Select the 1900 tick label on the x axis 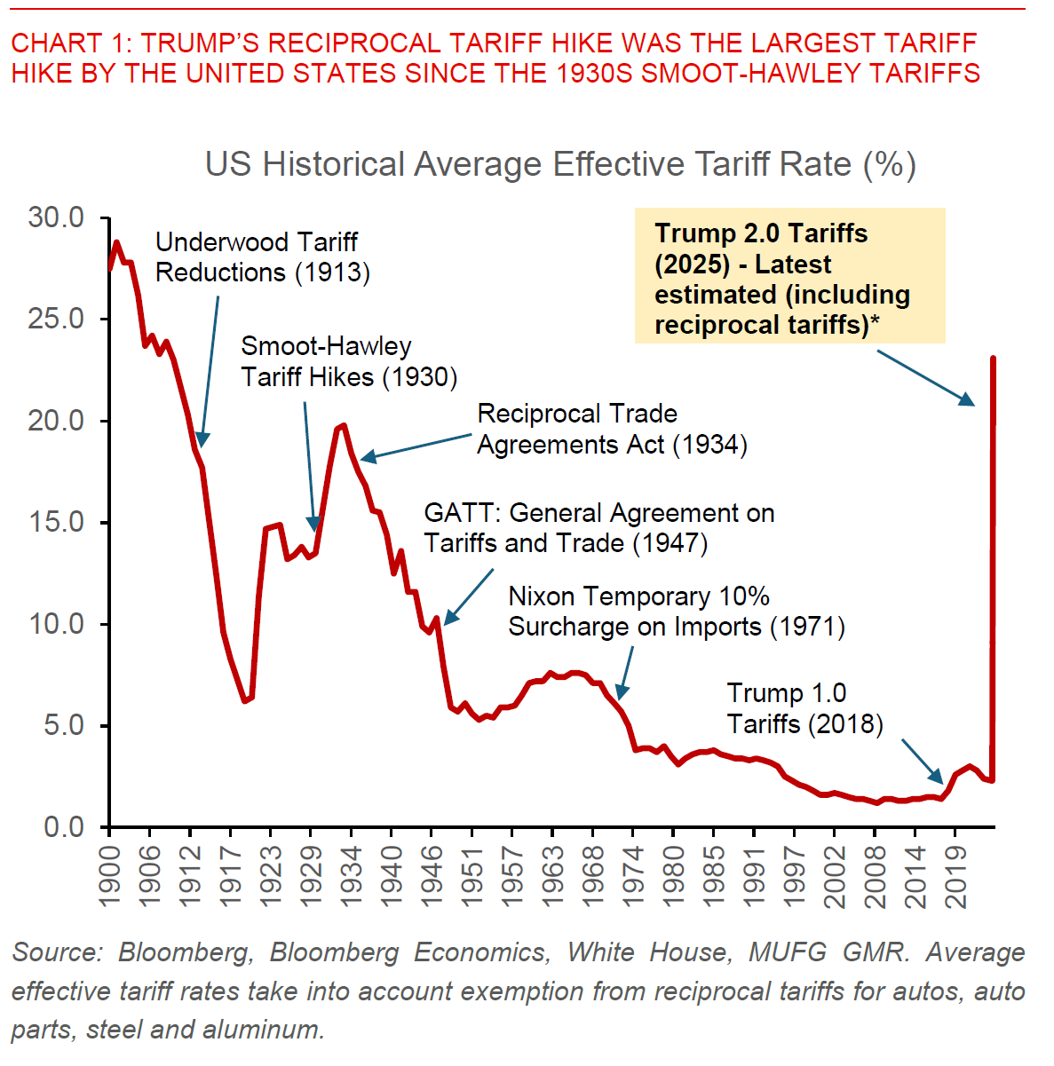pos(109,874)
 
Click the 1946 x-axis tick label pos(432,874)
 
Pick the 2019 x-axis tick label pos(955,874)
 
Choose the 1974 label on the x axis pos(633,874)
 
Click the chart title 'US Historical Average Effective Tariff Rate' pos(560,165)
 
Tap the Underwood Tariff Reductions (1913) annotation pos(262,257)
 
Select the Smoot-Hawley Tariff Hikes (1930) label pos(349,361)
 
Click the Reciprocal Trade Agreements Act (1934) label pos(612,429)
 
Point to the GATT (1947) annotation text pos(599,528)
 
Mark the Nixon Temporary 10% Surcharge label pos(676,612)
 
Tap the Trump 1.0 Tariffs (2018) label pos(804,708)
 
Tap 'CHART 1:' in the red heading pos(71,43)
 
